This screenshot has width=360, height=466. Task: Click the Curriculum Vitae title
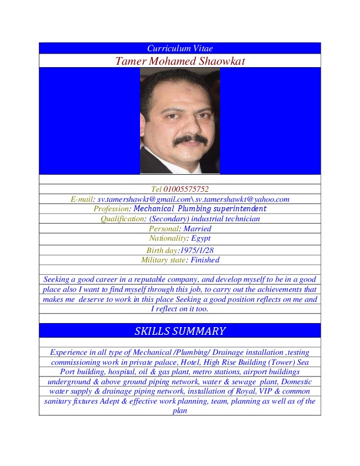click(179, 48)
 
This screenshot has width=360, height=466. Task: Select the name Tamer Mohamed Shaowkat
click(179, 61)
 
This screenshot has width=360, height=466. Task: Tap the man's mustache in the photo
click(180, 139)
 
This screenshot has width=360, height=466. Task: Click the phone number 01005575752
click(185, 189)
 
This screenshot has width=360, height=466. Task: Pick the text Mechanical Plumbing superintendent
click(200, 209)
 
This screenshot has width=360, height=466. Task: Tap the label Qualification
click(122, 219)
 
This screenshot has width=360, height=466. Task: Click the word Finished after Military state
click(204, 259)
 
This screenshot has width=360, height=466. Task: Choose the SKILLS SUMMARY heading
click(179, 331)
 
